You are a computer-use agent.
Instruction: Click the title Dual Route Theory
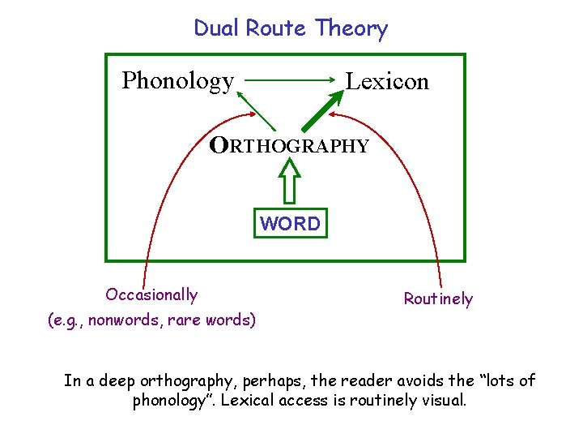(x=291, y=28)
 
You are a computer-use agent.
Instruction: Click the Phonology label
(x=177, y=81)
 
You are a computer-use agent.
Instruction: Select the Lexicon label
(x=387, y=81)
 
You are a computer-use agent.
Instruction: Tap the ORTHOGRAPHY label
(x=289, y=146)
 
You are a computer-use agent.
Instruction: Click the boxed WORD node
(x=291, y=223)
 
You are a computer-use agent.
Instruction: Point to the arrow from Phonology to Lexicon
(x=290, y=80)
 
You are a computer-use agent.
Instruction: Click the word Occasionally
(x=151, y=294)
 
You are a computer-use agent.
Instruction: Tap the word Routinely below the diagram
(x=438, y=299)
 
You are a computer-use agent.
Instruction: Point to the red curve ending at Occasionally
(x=159, y=195)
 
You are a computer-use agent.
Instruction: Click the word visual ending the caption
(x=444, y=401)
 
